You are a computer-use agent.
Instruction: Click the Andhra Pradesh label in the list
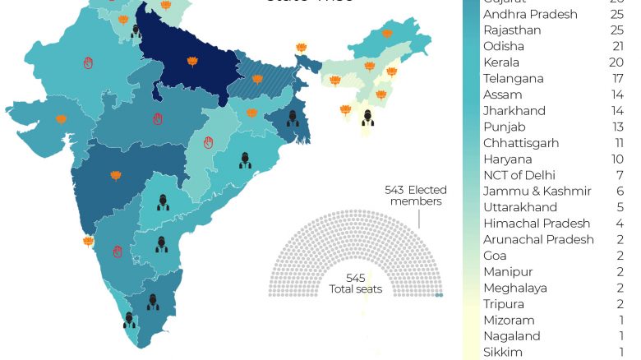(x=530, y=14)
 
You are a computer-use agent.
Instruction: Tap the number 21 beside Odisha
(x=618, y=46)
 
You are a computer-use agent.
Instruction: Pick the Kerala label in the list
(x=503, y=62)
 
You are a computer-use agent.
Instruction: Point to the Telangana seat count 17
(x=618, y=79)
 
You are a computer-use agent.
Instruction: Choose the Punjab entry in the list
(x=504, y=127)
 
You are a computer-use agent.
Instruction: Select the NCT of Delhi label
(x=519, y=175)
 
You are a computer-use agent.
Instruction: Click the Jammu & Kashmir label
(x=537, y=192)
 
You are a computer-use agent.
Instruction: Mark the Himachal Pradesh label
(x=537, y=224)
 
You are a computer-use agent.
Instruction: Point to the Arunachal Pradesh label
(x=538, y=239)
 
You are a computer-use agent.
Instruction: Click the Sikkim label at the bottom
(x=502, y=353)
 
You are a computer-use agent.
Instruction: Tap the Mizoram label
(x=509, y=320)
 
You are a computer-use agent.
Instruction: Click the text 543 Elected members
(x=416, y=196)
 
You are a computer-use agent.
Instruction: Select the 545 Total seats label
(x=355, y=284)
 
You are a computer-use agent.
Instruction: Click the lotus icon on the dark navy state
(x=192, y=62)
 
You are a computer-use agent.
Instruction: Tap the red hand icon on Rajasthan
(x=88, y=62)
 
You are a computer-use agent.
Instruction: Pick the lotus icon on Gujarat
(x=61, y=119)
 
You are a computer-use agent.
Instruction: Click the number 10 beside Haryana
(x=617, y=159)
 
